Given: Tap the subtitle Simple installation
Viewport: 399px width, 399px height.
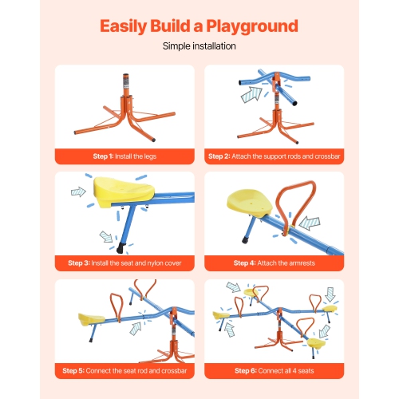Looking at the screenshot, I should [199, 47].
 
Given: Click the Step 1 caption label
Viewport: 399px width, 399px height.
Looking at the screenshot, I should [124, 156].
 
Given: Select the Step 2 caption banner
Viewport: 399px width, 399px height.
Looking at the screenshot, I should [274, 156].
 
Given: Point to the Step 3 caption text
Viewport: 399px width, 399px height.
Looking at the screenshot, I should [124, 263].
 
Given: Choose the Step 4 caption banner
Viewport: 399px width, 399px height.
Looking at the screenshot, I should [274, 263].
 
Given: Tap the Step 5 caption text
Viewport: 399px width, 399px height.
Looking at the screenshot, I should [124, 369].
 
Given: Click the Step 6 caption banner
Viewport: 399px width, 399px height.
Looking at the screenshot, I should [274, 369].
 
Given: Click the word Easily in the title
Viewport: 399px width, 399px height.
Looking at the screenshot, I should [131, 26].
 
